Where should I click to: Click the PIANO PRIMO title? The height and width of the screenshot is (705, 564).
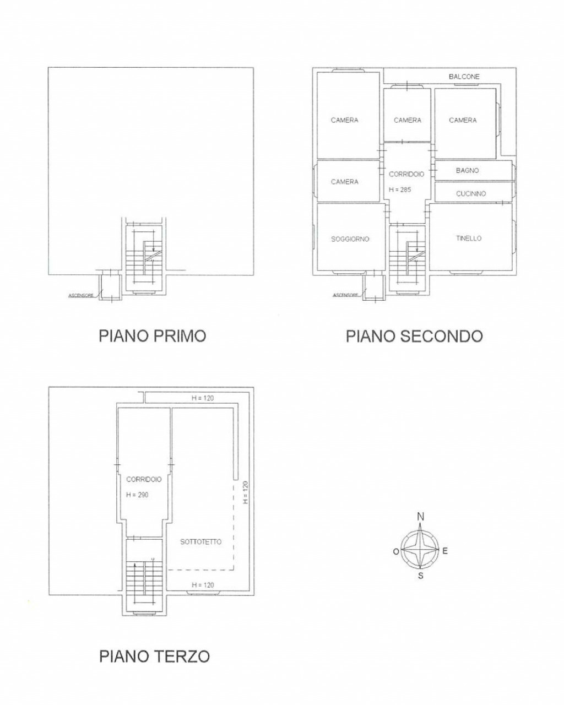[153, 336]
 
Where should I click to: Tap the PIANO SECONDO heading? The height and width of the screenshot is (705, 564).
[414, 336]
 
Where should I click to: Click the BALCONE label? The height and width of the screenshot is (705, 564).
[464, 77]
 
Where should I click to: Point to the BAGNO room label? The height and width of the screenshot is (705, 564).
[467, 170]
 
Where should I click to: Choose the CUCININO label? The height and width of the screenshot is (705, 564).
[470, 194]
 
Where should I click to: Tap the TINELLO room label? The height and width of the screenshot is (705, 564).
[469, 238]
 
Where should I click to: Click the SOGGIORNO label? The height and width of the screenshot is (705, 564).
[350, 239]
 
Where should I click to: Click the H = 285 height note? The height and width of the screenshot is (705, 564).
[399, 189]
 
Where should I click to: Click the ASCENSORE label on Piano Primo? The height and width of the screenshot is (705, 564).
[80, 296]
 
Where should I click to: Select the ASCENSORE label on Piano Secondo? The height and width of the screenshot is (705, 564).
[346, 296]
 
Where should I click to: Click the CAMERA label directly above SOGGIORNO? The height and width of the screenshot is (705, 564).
[344, 182]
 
